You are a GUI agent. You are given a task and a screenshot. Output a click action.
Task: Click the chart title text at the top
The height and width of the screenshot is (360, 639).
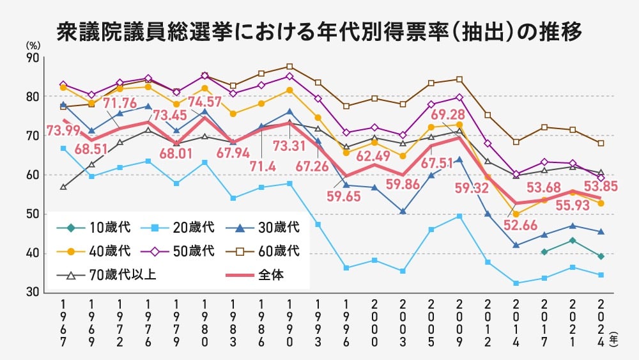pyautogui.click(x=319, y=30)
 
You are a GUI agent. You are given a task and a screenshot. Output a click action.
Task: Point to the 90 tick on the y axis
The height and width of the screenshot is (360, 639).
pyautogui.click(x=33, y=58)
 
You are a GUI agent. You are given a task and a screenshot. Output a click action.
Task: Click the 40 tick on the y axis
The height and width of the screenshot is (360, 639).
pyautogui.click(x=33, y=253)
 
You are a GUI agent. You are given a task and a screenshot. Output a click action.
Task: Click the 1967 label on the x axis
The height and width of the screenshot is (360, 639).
pyautogui.click(x=63, y=323)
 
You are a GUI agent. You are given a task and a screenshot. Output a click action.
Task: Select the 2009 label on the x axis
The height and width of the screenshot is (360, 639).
pyautogui.click(x=458, y=323)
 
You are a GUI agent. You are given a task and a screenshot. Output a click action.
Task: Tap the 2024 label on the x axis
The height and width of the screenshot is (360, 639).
pyautogui.click(x=601, y=323)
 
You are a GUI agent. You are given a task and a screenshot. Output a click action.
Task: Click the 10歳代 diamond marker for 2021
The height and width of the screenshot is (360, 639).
pyautogui.click(x=573, y=240)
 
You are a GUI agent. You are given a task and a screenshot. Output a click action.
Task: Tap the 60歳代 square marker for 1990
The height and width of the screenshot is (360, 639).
pyautogui.click(x=289, y=67)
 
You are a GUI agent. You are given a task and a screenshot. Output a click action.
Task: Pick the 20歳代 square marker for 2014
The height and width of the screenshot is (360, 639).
pyautogui.click(x=516, y=283)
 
